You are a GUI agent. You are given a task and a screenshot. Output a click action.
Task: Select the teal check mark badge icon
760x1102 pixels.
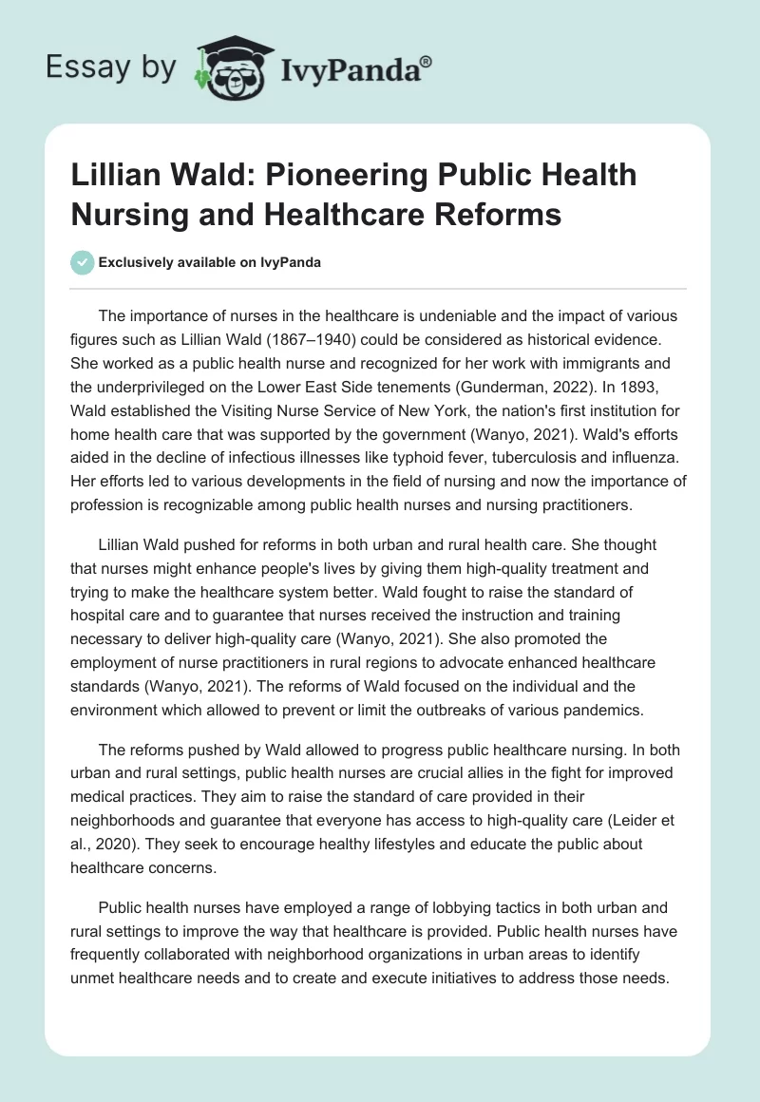(83, 262)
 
